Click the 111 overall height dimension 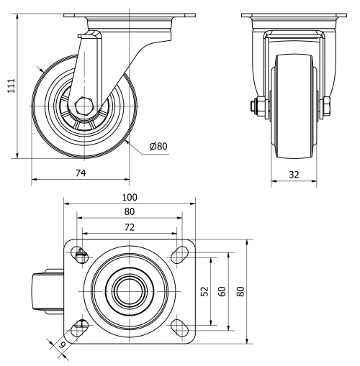9,86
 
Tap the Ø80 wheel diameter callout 158,146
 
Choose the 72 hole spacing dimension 129,227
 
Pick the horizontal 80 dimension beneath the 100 129,212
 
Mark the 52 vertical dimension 204,290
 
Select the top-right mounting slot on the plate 177,254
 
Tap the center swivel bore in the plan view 129,290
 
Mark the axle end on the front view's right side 328,107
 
